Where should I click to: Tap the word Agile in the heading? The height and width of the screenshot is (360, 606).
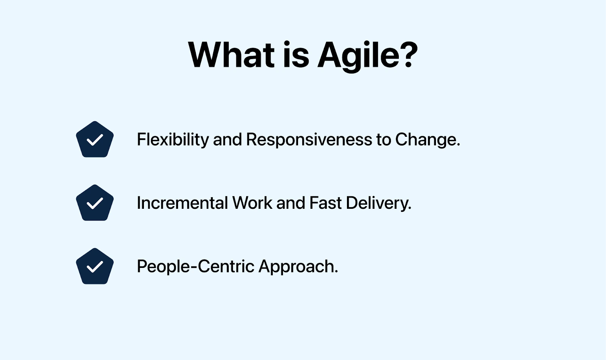tap(358, 56)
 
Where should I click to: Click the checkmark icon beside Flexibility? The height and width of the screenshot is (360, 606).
tap(95, 139)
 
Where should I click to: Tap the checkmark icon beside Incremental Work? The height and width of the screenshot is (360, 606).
tap(95, 203)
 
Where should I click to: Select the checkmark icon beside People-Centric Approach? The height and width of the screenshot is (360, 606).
tap(95, 266)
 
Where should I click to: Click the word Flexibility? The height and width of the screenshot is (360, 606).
tap(173, 139)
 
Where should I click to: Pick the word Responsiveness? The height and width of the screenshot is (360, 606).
tap(309, 139)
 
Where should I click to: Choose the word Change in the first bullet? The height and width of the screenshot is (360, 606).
tap(425, 139)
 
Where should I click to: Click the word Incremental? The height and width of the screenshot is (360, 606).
tap(182, 203)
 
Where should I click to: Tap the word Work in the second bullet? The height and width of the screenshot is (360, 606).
tap(252, 203)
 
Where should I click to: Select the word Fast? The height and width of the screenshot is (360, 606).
tap(325, 203)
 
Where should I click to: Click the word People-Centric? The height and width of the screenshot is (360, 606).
tap(195, 266)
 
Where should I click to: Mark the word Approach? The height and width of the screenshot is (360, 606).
tap(297, 267)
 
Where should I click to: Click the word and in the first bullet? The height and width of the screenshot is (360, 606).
tap(227, 139)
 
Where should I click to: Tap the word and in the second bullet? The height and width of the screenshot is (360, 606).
tap(291, 203)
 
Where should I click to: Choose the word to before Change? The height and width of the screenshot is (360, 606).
tap(383, 139)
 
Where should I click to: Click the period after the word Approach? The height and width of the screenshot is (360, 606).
tap(336, 272)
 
